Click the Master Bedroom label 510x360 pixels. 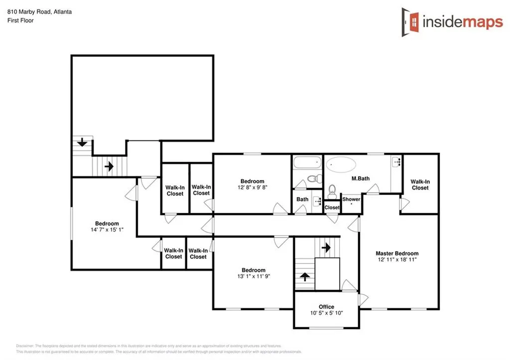pos(397,253)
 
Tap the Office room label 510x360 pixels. pos(327,307)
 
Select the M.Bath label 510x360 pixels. pos(359,179)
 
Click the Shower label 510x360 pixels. pos(351,199)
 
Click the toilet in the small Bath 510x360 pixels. pos(313,179)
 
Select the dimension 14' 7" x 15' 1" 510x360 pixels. pos(107,230)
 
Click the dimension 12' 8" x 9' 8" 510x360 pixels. pos(252,188)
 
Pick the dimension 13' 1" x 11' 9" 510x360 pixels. pos(254,276)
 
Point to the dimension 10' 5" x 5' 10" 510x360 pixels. pos(327,313)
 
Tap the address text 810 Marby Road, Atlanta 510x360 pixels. pos(39,11)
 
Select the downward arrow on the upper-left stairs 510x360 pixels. pos(82,143)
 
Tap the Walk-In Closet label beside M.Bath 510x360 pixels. pos(420,185)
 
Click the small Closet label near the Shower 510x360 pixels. pos(332,208)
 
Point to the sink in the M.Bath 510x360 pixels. pos(396,161)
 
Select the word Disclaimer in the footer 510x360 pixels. pos(25,345)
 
